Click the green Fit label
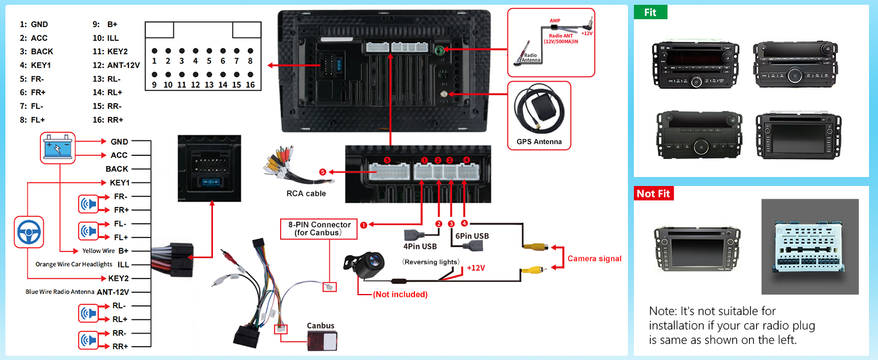coord(651,12)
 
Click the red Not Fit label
coord(654,193)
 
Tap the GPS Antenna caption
coord(539,142)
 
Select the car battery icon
coord(58,148)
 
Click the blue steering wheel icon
coord(28,230)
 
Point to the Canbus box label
coord(320,326)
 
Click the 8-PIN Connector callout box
coord(318,229)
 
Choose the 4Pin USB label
coord(420,246)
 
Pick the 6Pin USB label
coord(472,236)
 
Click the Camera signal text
coord(594,259)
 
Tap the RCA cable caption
coord(306,193)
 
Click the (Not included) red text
coord(400,294)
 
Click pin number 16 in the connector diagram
coord(250,85)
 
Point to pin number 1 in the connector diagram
coord(154,61)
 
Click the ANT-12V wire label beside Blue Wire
coord(113,292)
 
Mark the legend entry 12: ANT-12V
coord(116,65)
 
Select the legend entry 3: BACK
coord(37,52)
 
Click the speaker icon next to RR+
coord(88,340)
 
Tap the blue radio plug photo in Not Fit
coord(810,247)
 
